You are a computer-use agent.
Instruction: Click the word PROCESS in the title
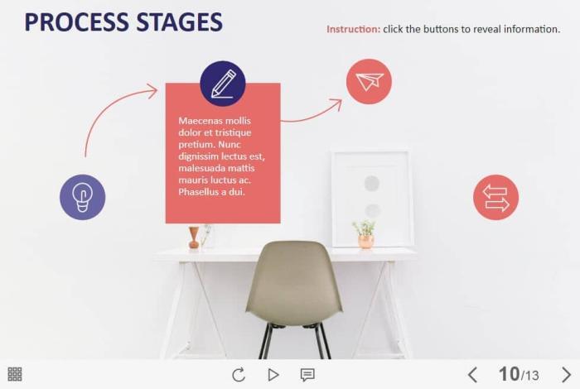click(x=77, y=22)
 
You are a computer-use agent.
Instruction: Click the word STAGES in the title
click(x=180, y=22)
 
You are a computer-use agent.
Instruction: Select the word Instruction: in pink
click(x=353, y=29)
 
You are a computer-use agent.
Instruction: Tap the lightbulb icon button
click(x=83, y=197)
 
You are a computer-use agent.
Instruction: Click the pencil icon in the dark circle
click(x=223, y=84)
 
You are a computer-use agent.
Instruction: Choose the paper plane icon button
click(x=369, y=81)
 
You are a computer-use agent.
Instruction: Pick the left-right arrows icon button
click(x=495, y=197)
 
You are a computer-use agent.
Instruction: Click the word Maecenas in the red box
click(x=196, y=121)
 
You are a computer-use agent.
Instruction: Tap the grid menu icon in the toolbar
click(x=15, y=374)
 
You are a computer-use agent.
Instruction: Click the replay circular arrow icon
click(x=239, y=375)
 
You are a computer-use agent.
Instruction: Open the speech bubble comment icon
click(x=307, y=375)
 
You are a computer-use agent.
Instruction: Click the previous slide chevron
click(x=472, y=375)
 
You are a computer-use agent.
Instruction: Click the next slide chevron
click(x=566, y=375)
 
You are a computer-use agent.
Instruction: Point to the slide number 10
click(x=509, y=374)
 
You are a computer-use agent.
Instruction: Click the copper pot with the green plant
click(x=365, y=241)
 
